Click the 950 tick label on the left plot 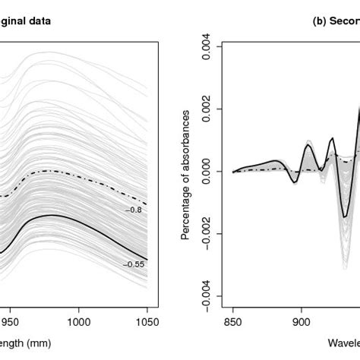tap(10, 321)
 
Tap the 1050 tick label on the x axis tap(147, 321)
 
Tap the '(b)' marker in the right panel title tap(320, 21)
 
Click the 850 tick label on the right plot tap(233, 321)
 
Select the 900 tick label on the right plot tap(302, 321)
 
